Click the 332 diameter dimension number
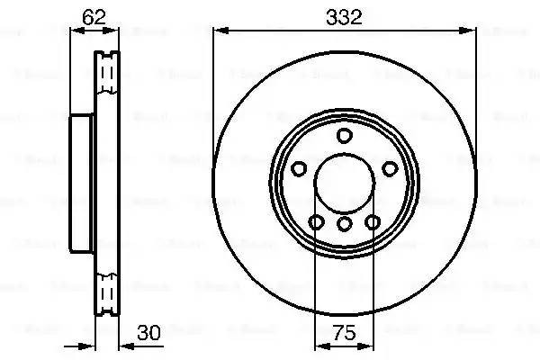pyautogui.click(x=344, y=16)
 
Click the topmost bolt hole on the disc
pyautogui.click(x=344, y=136)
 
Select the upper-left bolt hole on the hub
pyautogui.click(x=299, y=168)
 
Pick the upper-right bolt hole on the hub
pyautogui.click(x=389, y=168)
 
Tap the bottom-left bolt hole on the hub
pyautogui.click(x=316, y=221)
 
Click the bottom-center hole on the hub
pyautogui.click(x=344, y=225)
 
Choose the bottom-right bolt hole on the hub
pyautogui.click(x=372, y=221)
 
